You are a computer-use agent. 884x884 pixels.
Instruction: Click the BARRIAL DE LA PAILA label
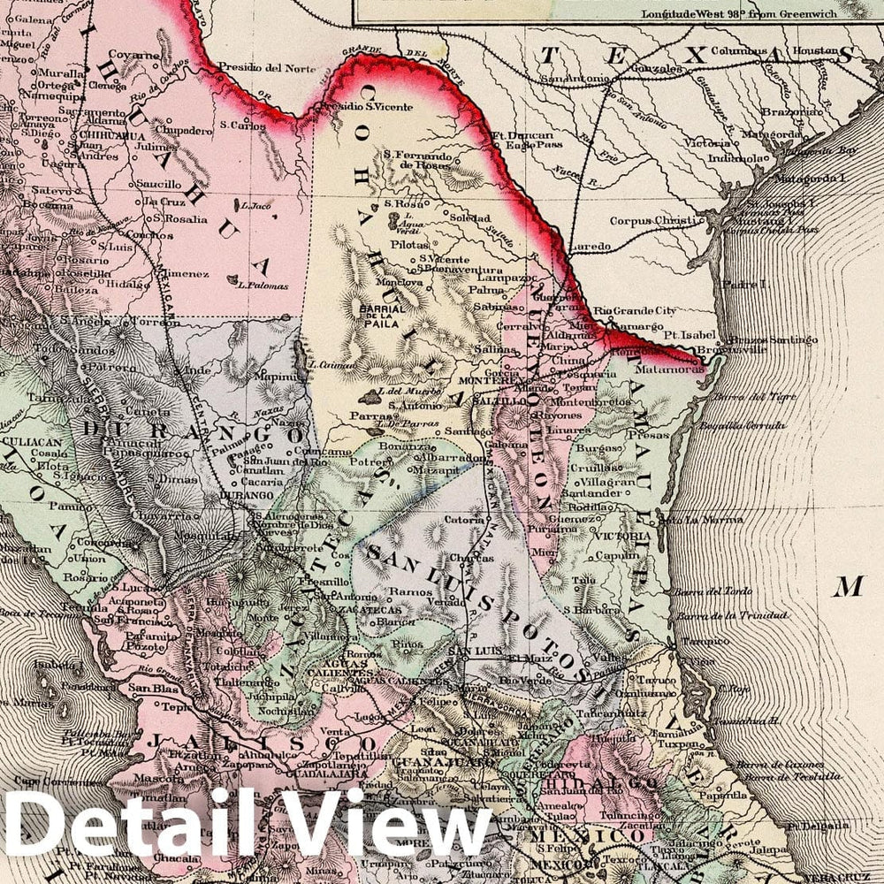(x=382, y=316)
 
